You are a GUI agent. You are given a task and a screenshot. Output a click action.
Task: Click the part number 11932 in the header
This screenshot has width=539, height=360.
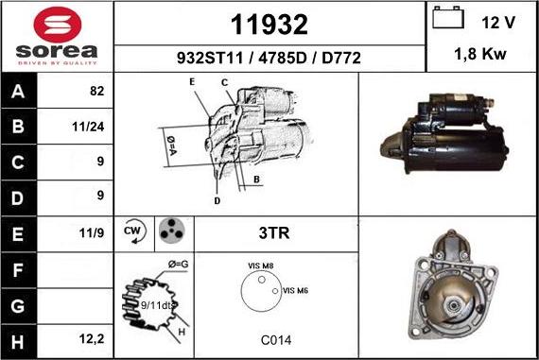pyautogui.click(x=269, y=23)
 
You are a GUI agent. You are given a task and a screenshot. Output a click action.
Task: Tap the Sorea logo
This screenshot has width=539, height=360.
pyautogui.click(x=57, y=36)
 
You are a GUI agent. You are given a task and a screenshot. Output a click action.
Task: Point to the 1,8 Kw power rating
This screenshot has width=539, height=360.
pyautogui.click(x=481, y=55)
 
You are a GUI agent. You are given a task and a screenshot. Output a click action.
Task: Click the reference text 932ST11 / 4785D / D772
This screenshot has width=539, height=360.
pyautogui.click(x=269, y=57)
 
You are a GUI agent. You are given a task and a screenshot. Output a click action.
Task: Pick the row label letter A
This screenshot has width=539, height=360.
pyautogui.click(x=19, y=92)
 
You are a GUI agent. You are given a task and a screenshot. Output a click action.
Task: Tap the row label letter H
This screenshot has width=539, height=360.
pyautogui.click(x=19, y=337)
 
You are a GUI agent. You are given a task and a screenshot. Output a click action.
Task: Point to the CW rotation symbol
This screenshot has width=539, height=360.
pyautogui.click(x=133, y=231)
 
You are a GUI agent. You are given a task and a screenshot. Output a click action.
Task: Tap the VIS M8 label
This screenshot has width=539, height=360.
pyautogui.click(x=261, y=267)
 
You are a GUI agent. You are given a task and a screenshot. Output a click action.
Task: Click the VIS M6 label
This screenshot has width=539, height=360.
pyautogui.click(x=296, y=290)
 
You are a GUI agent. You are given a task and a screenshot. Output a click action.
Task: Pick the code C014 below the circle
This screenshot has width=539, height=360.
pyautogui.click(x=269, y=338)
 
